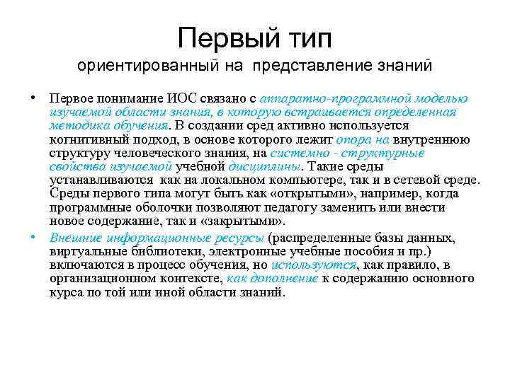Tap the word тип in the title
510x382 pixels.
click(x=306, y=36)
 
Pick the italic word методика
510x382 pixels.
click(x=74, y=126)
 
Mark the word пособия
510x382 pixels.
click(x=370, y=250)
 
